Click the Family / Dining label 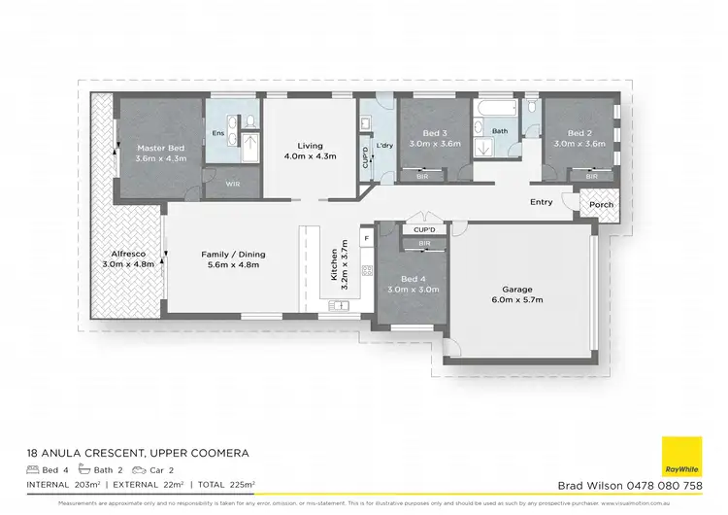[x=233, y=255]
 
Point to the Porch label [x=601, y=204]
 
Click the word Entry [x=542, y=202]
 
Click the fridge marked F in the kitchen [x=367, y=237]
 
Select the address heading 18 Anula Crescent [x=139, y=453]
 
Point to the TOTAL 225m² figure [x=223, y=484]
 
